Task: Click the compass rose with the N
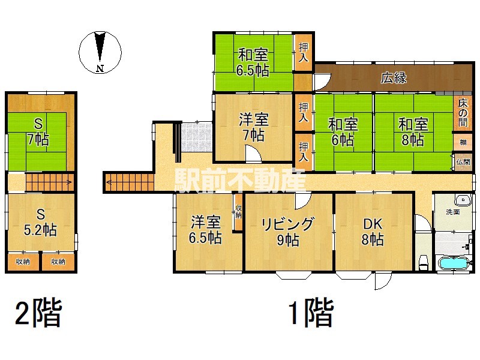click(x=100, y=52)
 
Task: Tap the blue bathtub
click(x=454, y=263)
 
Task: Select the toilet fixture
click(x=424, y=263)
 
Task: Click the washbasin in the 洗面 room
click(x=463, y=200)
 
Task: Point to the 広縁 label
click(x=394, y=78)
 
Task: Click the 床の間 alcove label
click(x=463, y=113)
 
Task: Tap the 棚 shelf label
click(x=463, y=142)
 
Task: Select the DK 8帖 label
click(x=373, y=232)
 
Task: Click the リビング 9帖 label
click(x=288, y=232)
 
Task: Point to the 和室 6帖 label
click(x=343, y=132)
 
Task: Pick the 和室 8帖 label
click(x=413, y=132)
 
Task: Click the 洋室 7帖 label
click(x=254, y=127)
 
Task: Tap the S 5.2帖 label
click(x=40, y=222)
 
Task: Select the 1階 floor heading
click(x=311, y=313)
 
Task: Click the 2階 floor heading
click(x=39, y=313)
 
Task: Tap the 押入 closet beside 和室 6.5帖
click(x=303, y=53)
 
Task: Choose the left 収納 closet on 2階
click(x=23, y=262)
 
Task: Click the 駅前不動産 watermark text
click(x=239, y=181)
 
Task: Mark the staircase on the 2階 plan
click(x=50, y=182)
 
